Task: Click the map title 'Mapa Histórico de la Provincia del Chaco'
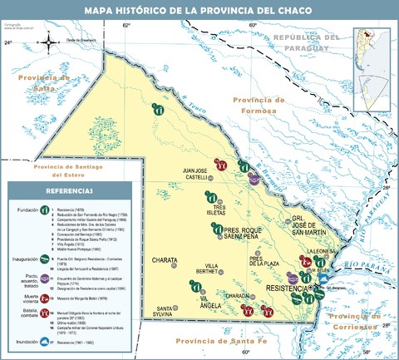[x=199, y=10]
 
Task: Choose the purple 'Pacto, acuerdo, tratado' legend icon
[x=39, y=285]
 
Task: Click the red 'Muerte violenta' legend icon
[x=39, y=303]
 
